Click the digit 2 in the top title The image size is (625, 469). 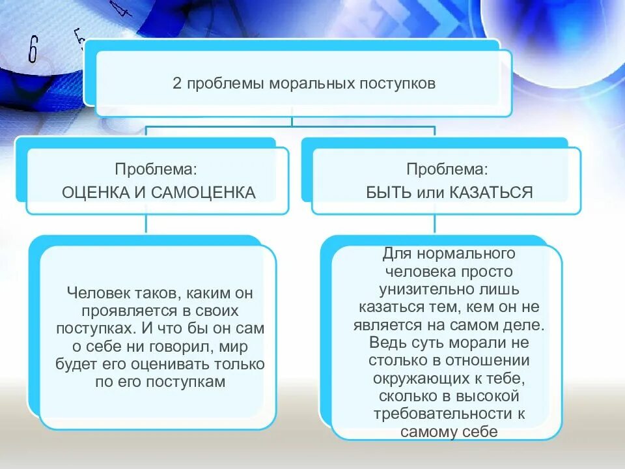[176, 84]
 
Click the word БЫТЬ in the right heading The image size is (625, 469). [389, 192]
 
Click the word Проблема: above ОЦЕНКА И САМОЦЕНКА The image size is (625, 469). [156, 169]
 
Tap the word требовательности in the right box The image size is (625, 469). [440, 414]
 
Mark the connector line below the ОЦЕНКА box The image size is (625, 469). [146, 224]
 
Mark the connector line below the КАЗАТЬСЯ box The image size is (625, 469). [436, 224]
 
